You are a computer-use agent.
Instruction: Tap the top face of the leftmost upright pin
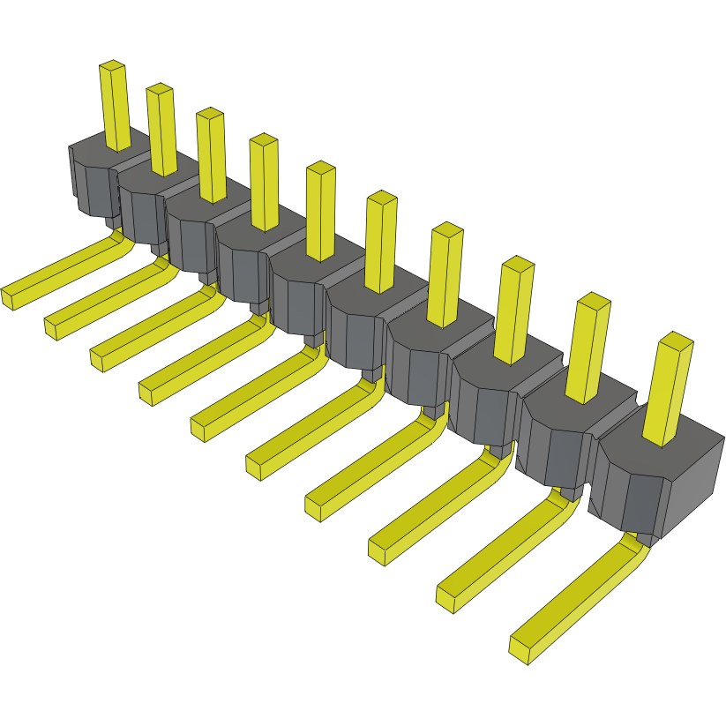pos(113,66)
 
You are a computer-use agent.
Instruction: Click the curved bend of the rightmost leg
pos(636,550)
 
